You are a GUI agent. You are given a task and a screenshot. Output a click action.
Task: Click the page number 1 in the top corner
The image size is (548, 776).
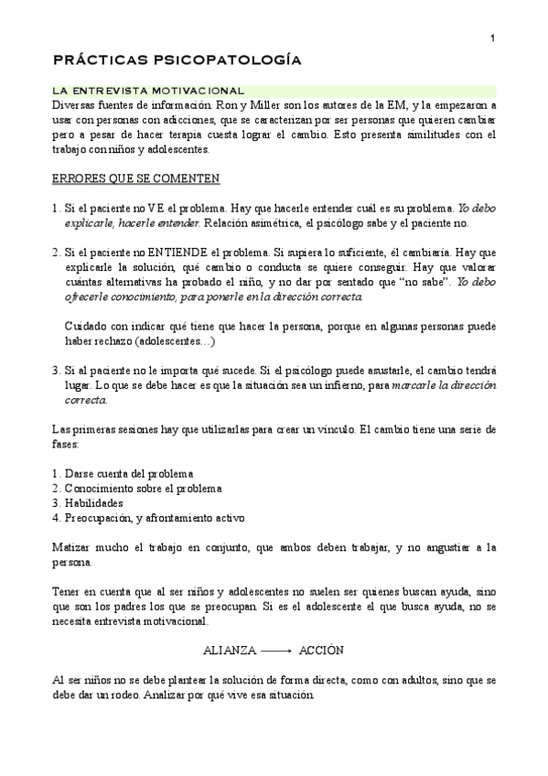click(492, 38)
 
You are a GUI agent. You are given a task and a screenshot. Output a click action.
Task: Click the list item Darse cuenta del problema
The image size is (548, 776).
click(129, 474)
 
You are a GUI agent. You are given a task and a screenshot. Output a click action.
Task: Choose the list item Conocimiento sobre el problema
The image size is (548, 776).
click(143, 489)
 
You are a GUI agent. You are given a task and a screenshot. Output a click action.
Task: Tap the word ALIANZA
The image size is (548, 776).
click(229, 650)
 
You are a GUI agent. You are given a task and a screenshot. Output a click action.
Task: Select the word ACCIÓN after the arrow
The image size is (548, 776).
click(321, 650)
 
